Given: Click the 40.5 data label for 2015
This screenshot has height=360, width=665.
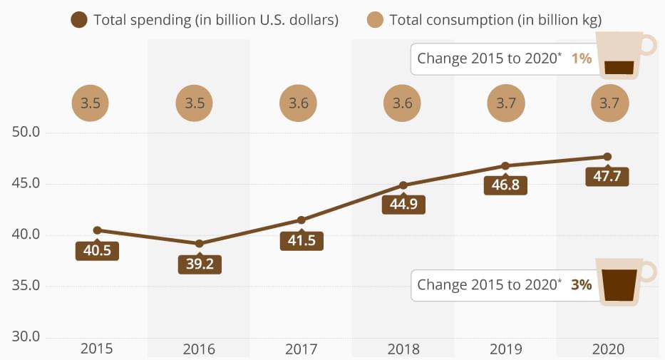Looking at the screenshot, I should pos(97,251).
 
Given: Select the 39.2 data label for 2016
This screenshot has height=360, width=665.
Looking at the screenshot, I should pos(200,264).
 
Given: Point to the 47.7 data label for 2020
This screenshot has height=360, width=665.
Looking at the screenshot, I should pos(607,177).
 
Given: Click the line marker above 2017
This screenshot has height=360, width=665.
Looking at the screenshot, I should pos(301,220).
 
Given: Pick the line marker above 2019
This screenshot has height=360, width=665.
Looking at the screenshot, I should pos(505,165).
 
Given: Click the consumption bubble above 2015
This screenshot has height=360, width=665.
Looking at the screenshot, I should pos(91,103).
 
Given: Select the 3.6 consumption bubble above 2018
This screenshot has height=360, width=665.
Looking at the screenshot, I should pos(403,103).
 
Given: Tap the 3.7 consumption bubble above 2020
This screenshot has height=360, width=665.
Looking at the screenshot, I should pos(610,103).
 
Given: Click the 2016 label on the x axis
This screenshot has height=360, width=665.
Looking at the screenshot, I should pos(199,349).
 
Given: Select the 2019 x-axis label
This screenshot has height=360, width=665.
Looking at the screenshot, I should pos(505,349).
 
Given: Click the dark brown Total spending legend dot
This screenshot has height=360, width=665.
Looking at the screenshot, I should pos(79,20).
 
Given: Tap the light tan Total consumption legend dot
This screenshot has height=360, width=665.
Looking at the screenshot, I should pos(375,20).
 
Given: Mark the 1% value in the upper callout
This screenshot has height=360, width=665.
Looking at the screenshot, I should pos(581,58).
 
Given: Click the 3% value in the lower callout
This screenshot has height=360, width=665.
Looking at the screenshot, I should pos(581,284).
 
